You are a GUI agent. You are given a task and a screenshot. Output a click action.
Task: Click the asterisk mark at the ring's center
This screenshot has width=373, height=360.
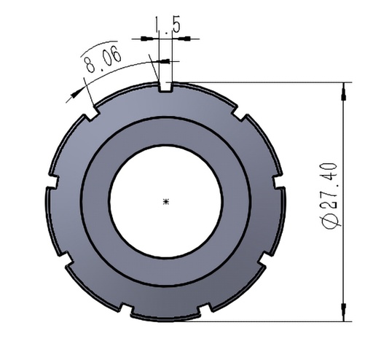coord(167,201)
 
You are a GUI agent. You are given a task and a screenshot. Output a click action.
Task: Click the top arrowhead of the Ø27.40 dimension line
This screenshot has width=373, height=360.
coord(343,87)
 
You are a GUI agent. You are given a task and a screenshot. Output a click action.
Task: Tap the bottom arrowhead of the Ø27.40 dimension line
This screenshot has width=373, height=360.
coord(343,316)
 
